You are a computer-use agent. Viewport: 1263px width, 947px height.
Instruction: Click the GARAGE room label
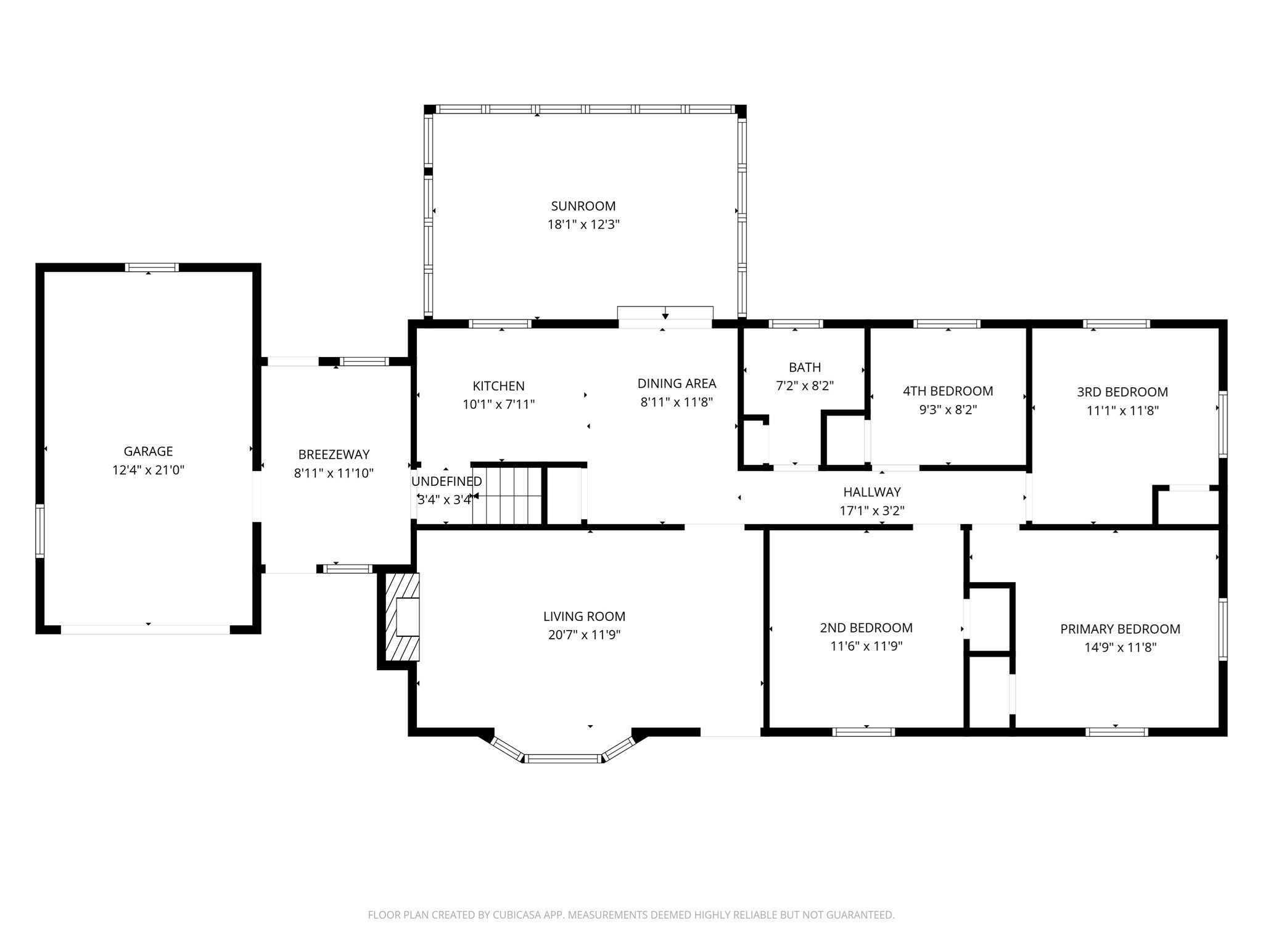click(x=148, y=451)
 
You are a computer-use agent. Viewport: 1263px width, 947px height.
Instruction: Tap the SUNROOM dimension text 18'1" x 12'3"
click(x=583, y=224)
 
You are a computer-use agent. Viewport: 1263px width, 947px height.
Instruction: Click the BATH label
click(x=805, y=367)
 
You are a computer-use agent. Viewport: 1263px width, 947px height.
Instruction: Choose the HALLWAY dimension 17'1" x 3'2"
click(x=872, y=510)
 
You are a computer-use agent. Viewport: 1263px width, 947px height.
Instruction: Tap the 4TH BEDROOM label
click(x=948, y=391)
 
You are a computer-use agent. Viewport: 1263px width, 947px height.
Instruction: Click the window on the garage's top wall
click(x=152, y=267)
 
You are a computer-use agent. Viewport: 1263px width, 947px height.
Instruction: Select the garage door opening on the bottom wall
click(x=146, y=629)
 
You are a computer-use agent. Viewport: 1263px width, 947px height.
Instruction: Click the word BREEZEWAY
click(x=334, y=454)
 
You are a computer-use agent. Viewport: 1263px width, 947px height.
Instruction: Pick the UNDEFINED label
click(x=446, y=482)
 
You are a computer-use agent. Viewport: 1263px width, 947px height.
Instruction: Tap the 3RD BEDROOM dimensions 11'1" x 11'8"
click(x=1122, y=410)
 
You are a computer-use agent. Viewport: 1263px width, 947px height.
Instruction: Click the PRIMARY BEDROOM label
click(x=1120, y=629)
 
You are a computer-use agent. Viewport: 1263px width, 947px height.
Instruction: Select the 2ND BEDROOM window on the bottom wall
click(x=863, y=732)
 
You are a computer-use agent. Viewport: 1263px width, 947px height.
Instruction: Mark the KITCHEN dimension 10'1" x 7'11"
click(x=498, y=404)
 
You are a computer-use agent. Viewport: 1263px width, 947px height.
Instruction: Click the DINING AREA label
click(x=677, y=383)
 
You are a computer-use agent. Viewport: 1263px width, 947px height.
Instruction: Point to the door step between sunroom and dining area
click(x=665, y=313)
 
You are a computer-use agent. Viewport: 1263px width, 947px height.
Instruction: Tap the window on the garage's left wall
click(x=40, y=531)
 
